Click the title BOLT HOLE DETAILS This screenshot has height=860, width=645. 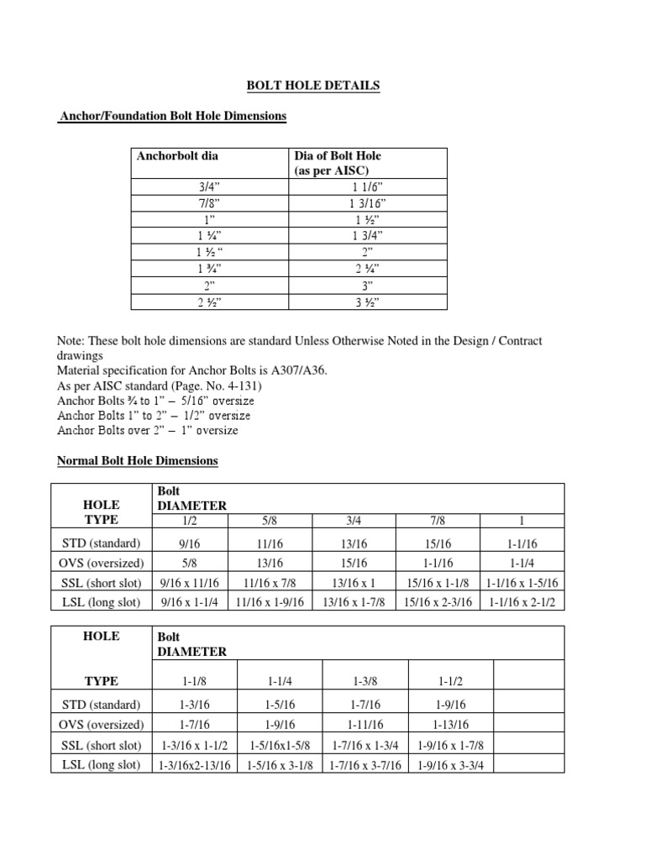tap(312, 86)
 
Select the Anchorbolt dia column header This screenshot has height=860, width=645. tap(177, 156)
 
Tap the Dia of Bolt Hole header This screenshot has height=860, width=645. tap(337, 163)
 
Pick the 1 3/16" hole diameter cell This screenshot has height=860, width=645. tap(368, 203)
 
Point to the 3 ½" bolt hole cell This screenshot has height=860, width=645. tap(368, 303)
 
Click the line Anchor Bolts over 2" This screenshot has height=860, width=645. tap(147, 430)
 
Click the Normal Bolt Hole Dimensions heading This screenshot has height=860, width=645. tap(137, 461)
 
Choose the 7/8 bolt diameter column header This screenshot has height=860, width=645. tap(438, 521)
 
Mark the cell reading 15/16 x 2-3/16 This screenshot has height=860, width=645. tap(438, 601)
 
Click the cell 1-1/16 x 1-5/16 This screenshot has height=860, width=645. tap(522, 582)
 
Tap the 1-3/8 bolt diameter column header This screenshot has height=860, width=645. tap(365, 681)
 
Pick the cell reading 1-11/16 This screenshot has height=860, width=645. tap(365, 725)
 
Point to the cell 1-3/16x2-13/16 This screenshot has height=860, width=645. tap(194, 764)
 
